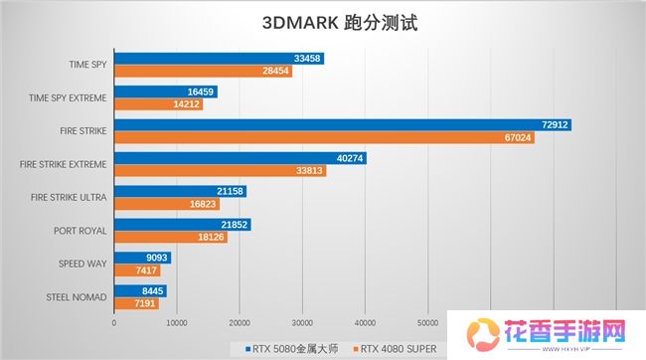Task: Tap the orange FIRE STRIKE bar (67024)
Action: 324,137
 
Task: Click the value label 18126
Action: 211,237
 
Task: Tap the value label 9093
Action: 157,258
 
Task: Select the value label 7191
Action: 145,302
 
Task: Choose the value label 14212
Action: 187,103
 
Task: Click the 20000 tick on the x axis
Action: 240,322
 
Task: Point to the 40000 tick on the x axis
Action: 365,322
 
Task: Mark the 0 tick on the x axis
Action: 114,322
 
